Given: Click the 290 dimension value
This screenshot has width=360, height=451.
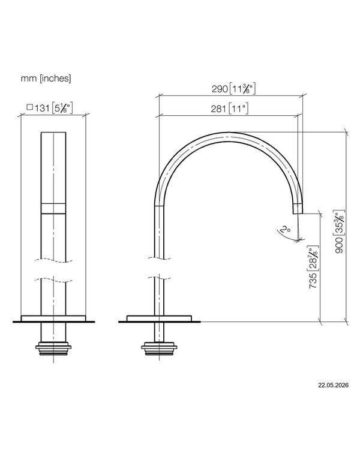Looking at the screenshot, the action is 220,89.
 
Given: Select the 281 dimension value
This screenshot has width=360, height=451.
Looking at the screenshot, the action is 218,109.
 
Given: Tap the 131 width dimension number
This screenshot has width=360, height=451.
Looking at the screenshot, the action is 42,108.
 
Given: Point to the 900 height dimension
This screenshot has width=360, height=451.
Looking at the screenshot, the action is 340,245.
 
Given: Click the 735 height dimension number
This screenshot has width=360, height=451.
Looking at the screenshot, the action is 313,281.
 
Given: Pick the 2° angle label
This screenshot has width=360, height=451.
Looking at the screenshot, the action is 286,229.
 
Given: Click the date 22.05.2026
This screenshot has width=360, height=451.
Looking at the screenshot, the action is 333,385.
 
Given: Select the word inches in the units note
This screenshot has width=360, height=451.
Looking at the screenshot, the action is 55,78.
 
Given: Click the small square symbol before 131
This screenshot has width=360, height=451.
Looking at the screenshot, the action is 30,107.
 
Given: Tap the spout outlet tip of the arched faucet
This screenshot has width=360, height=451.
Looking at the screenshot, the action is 298,213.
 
